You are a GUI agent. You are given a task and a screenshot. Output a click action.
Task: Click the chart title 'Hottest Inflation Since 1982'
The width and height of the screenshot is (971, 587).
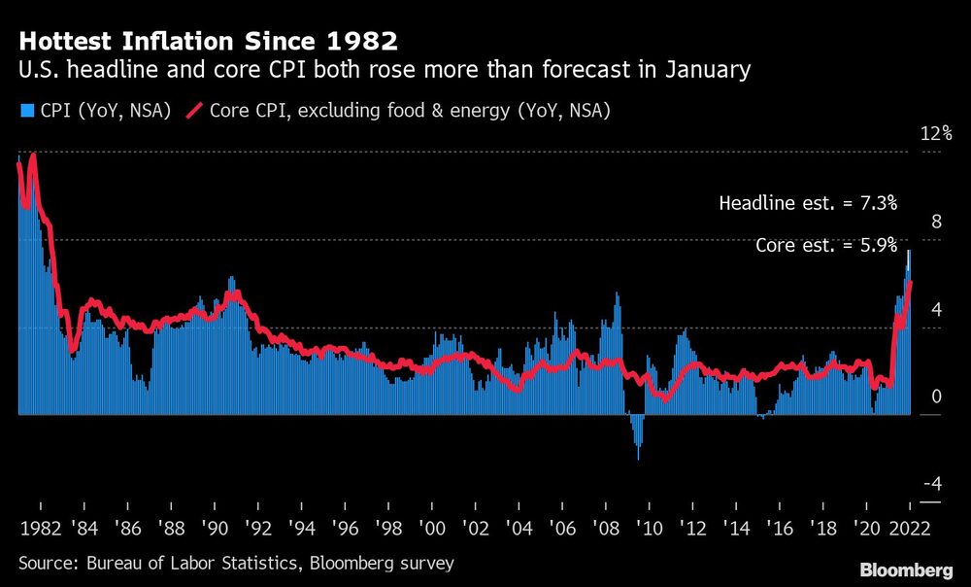pos(208,42)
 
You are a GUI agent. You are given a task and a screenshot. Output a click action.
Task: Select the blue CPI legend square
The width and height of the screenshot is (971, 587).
pos(25,112)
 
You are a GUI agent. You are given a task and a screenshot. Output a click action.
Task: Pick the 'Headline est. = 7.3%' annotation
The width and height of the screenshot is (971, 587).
pos(808,203)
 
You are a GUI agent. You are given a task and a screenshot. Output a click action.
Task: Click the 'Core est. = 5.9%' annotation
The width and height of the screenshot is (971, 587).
pos(826,246)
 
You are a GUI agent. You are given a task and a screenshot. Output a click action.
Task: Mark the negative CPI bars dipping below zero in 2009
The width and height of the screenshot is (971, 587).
pos(637,435)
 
